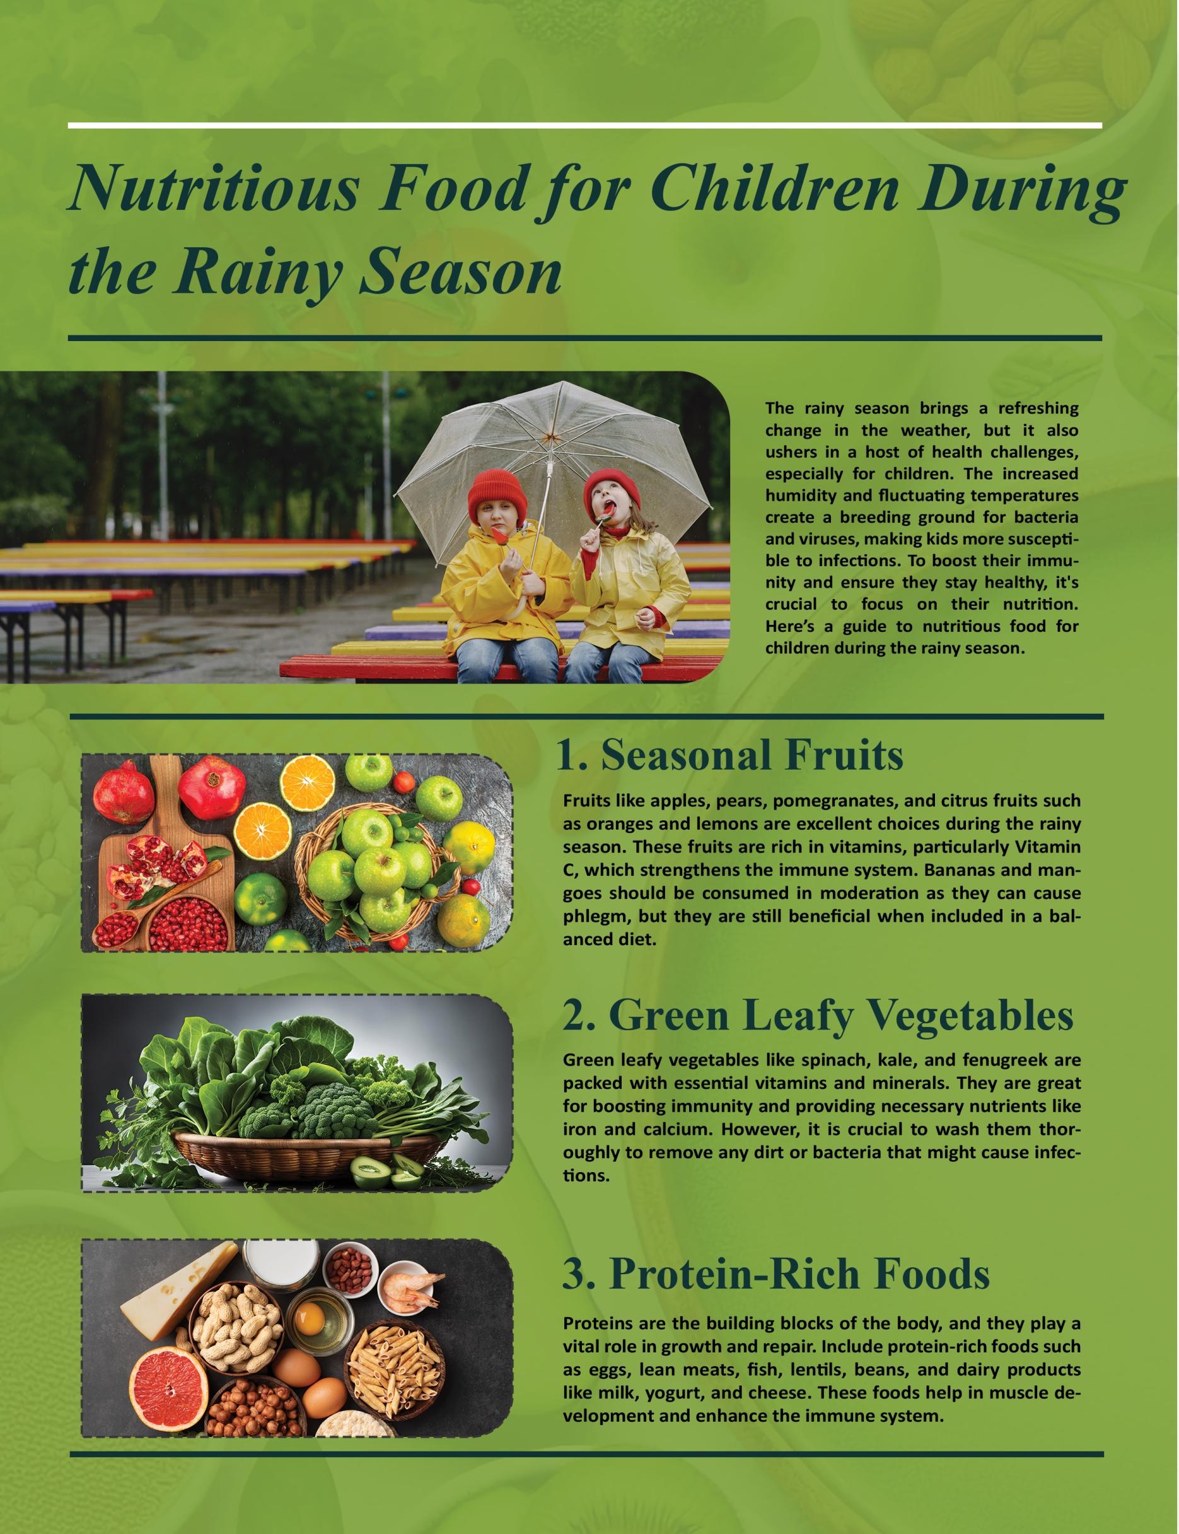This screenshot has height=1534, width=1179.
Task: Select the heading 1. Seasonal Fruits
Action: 729,756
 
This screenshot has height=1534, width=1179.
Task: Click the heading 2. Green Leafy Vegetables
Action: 818,1014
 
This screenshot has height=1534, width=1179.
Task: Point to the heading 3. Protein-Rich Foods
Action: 775,1274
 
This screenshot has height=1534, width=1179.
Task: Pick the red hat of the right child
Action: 612,487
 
